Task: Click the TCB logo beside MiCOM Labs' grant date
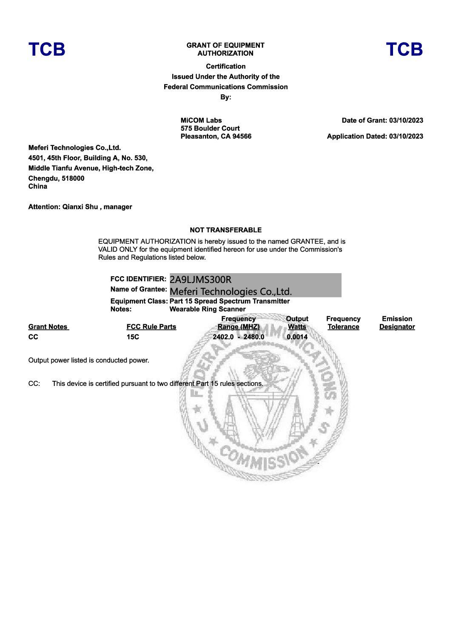[404, 49]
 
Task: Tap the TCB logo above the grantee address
[47, 49]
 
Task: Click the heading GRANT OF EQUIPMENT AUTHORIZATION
[225, 49]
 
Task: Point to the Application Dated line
[375, 136]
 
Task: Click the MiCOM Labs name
[201, 120]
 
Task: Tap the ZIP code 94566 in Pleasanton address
[242, 136]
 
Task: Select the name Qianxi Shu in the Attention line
[80, 207]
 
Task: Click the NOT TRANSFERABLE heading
[225, 230]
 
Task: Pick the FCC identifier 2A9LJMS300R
[201, 280]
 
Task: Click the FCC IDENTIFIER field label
[138, 279]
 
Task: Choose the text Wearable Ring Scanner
[208, 309]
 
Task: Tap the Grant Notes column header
[48, 327]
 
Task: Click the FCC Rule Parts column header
[151, 327]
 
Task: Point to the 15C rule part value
[133, 337]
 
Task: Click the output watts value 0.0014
[297, 337]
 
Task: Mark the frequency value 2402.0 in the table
[223, 337]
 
